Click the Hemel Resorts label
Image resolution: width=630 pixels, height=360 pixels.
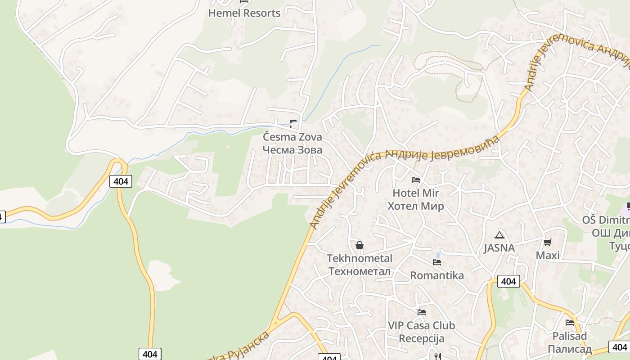pyautogui.click(x=244, y=13)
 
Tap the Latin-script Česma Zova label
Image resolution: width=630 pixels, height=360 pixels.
pyautogui.click(x=292, y=136)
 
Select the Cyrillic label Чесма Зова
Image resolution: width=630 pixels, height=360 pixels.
pyautogui.click(x=292, y=149)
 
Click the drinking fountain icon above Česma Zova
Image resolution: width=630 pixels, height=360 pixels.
pyautogui.click(x=293, y=122)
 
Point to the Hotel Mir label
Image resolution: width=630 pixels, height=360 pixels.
pyautogui.click(x=416, y=193)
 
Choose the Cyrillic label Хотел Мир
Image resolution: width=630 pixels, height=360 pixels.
pyautogui.click(x=416, y=206)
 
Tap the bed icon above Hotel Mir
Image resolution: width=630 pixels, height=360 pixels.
pyautogui.click(x=416, y=180)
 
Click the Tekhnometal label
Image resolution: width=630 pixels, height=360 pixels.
pyautogui.click(x=360, y=258)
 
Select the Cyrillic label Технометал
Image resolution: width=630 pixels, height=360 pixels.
pyautogui.click(x=360, y=271)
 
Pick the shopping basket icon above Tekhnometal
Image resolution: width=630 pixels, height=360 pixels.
pyautogui.click(x=360, y=245)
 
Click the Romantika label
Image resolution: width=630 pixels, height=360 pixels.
pyautogui.click(x=437, y=275)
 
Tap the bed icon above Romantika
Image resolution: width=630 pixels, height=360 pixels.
pyautogui.click(x=437, y=262)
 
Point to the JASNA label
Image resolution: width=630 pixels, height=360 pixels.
pyautogui.click(x=499, y=247)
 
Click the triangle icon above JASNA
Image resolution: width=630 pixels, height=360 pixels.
pyautogui.click(x=499, y=235)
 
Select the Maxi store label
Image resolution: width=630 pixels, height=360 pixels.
pyautogui.click(x=548, y=256)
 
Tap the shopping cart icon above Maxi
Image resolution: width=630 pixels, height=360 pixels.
pyautogui.click(x=548, y=243)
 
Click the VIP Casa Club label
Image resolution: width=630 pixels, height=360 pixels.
pyautogui.click(x=422, y=325)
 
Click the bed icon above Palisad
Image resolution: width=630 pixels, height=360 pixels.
pyautogui.click(x=570, y=323)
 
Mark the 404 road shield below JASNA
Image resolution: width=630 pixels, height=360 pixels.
pyautogui.click(x=508, y=281)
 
